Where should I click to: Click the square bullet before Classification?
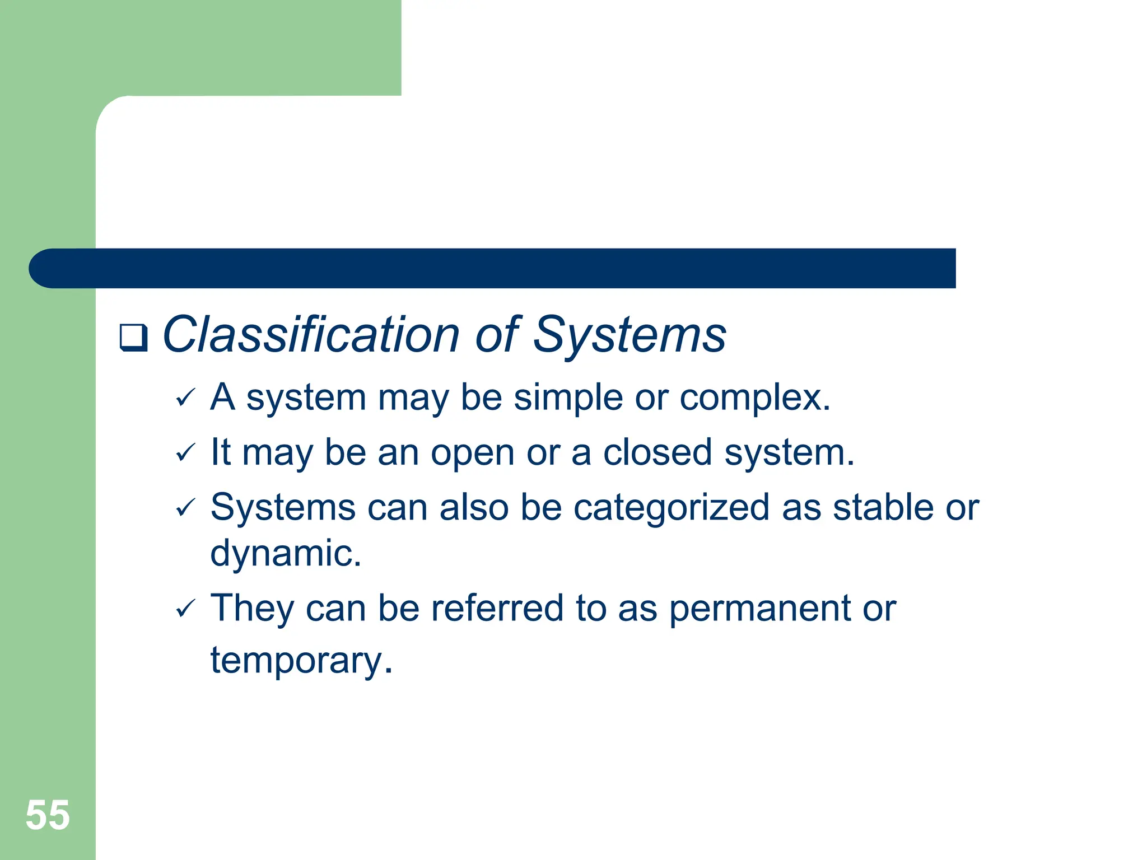point(133,338)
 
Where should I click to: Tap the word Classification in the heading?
point(311,335)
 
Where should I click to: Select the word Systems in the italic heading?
point(630,335)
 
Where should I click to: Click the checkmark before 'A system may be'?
point(185,398)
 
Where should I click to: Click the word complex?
point(754,399)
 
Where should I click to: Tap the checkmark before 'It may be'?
point(185,452)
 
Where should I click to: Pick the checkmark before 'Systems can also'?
point(185,508)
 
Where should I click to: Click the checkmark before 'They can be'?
point(185,608)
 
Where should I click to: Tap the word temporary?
point(301,661)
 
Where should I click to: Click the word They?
point(251,609)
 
